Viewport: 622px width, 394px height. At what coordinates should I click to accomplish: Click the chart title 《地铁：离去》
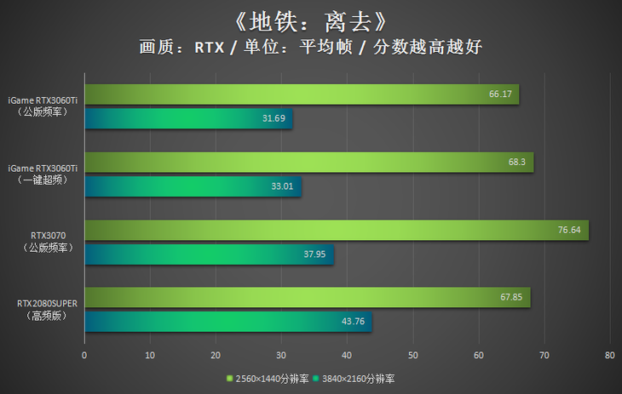[x=310, y=19]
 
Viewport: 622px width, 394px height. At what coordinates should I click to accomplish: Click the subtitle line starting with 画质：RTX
[x=310, y=48]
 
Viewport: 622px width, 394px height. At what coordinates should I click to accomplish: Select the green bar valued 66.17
[x=302, y=94]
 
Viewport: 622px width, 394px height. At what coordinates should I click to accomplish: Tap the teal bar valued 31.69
[x=188, y=119]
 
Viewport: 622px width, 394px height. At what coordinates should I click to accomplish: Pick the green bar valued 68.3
[x=308, y=162]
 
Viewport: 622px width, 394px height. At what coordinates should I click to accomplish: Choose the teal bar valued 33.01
[x=193, y=186]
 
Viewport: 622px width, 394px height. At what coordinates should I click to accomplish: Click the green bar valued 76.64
[x=337, y=230]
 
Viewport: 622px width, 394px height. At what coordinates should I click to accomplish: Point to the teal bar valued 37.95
[x=209, y=254]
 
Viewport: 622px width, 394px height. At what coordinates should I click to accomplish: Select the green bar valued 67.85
[x=308, y=297]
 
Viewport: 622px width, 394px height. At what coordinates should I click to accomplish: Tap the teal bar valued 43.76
[x=227, y=322]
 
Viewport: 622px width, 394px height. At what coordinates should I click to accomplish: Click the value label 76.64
[x=569, y=230]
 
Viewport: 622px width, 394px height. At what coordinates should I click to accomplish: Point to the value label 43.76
[x=353, y=322]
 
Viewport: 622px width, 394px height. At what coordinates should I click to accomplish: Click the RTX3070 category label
[x=49, y=241]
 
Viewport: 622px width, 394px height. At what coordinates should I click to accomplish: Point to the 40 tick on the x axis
[x=347, y=355]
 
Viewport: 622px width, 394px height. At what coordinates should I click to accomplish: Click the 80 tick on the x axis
[x=609, y=355]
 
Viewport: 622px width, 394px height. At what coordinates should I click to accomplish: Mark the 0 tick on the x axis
[x=84, y=355]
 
